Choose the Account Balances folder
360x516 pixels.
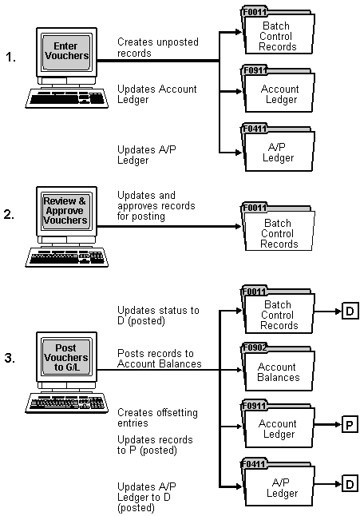pyautogui.click(x=279, y=371)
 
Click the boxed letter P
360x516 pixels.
pyautogui.click(x=350, y=423)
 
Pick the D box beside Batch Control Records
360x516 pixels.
pyautogui.click(x=350, y=311)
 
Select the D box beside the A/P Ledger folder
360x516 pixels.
pyautogui.click(x=350, y=482)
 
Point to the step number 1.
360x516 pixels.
pyautogui.click(x=11, y=58)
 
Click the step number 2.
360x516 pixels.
pyautogui.click(x=11, y=215)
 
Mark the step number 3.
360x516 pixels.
pyautogui.click(x=11, y=359)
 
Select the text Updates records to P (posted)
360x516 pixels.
pyautogui.click(x=155, y=445)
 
